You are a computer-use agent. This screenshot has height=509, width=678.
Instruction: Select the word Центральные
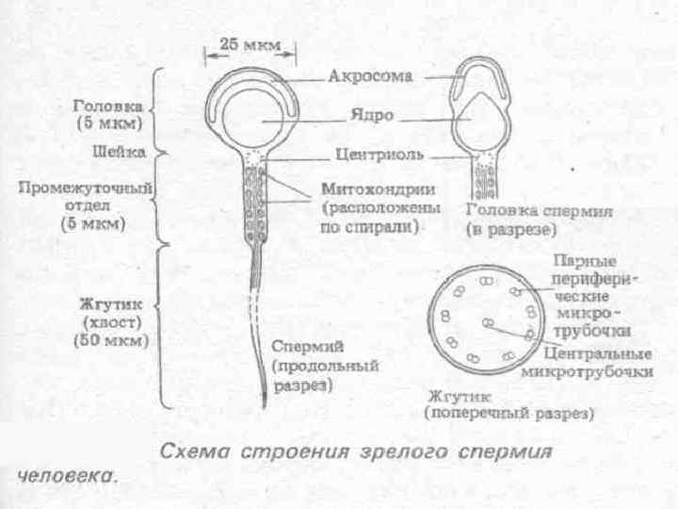click(x=598, y=355)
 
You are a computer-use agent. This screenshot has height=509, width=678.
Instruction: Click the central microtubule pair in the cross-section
click(x=489, y=322)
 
